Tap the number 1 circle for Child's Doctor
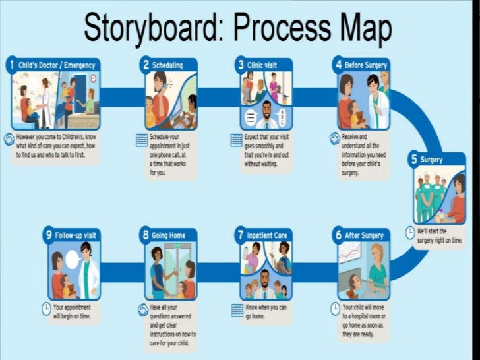point(11,65)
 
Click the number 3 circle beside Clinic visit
point(242,65)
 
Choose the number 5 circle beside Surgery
point(414,159)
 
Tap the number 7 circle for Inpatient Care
point(241,235)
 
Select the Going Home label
point(168,235)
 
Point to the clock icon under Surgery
point(409,233)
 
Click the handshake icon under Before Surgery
point(335,138)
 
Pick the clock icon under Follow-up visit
point(45,308)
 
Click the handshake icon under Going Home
point(142,309)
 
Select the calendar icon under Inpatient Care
point(237,309)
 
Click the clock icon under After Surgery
point(335,308)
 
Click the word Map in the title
point(361,28)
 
